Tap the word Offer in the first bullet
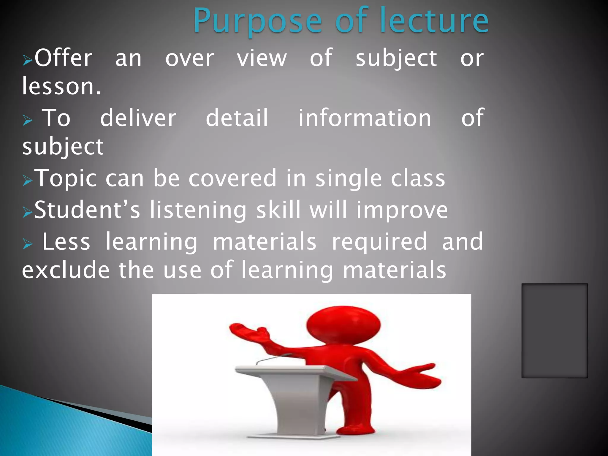(x=63, y=58)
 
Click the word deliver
(x=138, y=118)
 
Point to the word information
(x=364, y=118)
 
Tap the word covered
(x=232, y=178)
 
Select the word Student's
(x=87, y=210)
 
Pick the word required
(x=379, y=242)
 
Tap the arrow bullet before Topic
(x=27, y=180)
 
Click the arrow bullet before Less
(x=27, y=244)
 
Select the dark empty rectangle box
(x=554, y=330)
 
